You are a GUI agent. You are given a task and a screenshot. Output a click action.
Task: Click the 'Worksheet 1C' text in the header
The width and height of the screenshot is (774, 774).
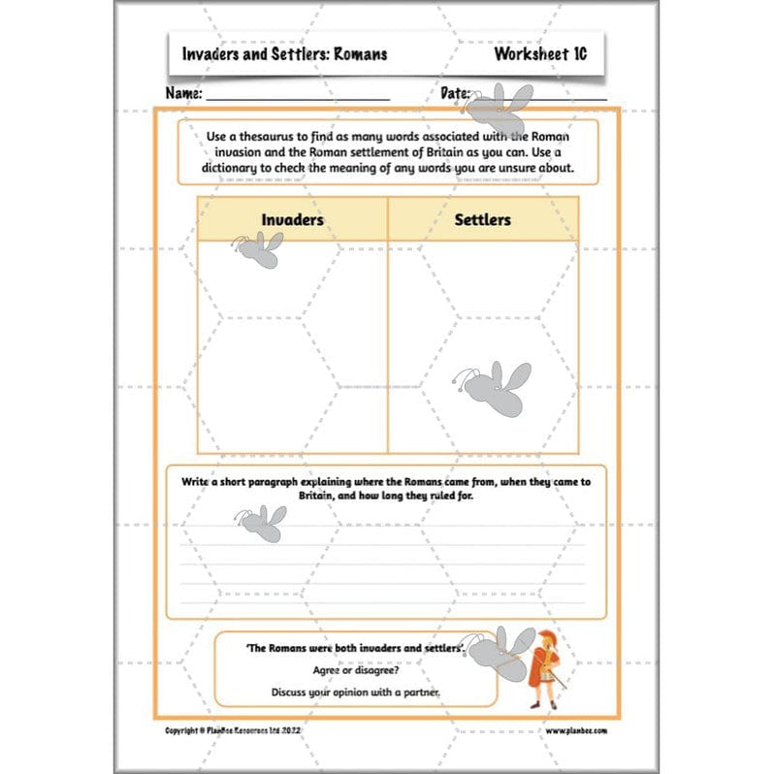coord(539,54)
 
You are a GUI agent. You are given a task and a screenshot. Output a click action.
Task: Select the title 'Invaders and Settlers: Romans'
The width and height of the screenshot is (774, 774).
coord(284,54)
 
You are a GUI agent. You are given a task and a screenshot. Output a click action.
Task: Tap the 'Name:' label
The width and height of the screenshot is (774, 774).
coord(183,94)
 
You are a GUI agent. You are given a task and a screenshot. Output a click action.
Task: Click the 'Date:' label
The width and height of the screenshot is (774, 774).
coord(455,94)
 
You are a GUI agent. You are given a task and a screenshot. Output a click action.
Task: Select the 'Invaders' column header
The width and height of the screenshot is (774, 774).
coord(292,220)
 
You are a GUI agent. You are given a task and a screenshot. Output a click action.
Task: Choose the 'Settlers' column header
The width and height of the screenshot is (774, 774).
coord(482,220)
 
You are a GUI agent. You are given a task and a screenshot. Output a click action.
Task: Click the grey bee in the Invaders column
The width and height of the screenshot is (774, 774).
coord(258,251)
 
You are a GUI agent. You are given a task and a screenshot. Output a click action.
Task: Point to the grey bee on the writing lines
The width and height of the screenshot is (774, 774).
coord(260,524)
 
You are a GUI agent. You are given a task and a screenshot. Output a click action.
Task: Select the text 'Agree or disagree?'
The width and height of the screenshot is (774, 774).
coord(356,669)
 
